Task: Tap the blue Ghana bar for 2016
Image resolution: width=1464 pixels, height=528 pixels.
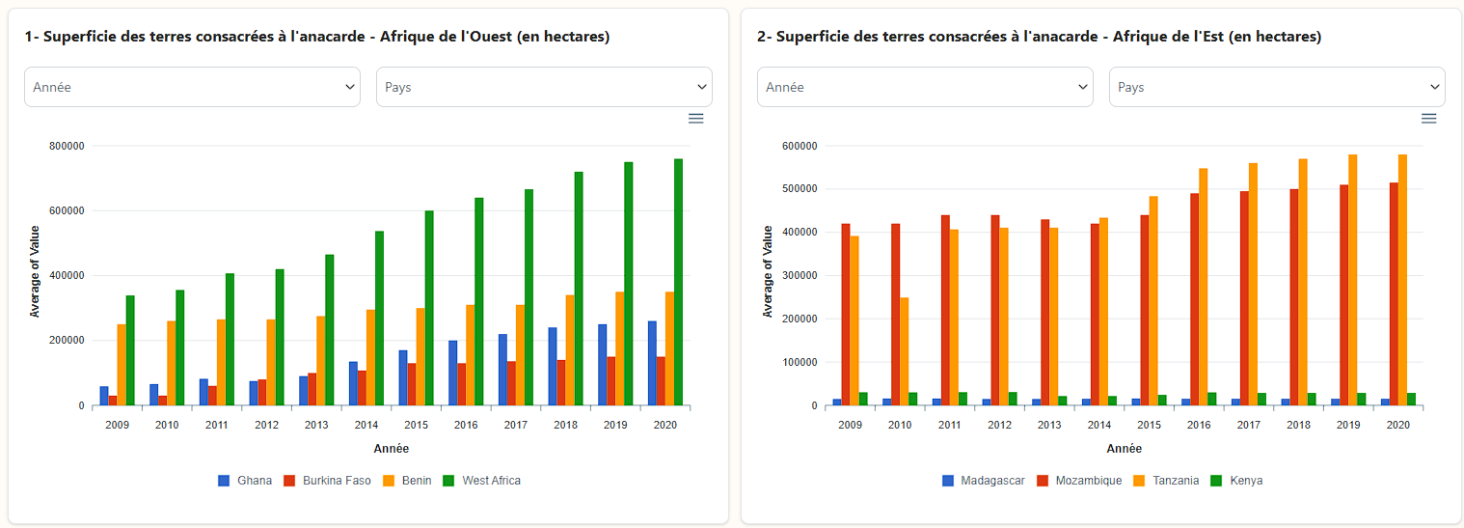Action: (x=452, y=373)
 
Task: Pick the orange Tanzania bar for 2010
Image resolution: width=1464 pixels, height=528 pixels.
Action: (x=905, y=351)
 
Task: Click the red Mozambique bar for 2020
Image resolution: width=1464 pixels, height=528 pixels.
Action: (x=1394, y=294)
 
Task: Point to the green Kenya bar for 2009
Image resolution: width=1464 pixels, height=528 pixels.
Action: (x=863, y=399)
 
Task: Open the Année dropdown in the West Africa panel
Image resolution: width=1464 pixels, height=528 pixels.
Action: (x=193, y=87)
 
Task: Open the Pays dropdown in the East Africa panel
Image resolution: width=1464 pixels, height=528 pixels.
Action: (x=1277, y=87)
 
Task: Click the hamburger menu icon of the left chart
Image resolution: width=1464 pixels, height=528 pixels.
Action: (x=695, y=118)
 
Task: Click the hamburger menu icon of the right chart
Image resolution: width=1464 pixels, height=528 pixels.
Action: (x=1428, y=118)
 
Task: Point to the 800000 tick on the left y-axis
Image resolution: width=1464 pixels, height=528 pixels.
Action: (x=67, y=146)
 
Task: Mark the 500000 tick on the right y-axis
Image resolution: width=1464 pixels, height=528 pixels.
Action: (x=800, y=189)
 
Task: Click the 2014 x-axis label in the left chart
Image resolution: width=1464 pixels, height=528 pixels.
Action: (x=366, y=425)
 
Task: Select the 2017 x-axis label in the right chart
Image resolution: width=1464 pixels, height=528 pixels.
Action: (x=1249, y=425)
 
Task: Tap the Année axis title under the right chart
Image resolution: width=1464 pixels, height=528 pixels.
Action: (x=1124, y=449)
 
